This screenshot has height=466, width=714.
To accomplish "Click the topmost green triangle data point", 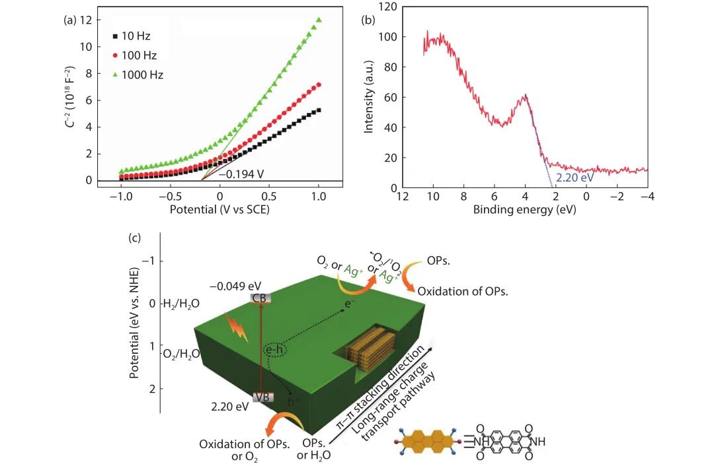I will click(319, 20).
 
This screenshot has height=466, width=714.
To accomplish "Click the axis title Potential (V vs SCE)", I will click(219, 210).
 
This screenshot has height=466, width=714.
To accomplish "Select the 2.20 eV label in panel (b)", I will click(570, 179).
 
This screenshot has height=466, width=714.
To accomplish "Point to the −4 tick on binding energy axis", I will click(646, 197).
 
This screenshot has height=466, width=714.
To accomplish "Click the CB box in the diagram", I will click(259, 298).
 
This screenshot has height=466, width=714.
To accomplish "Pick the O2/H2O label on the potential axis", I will click(181, 354).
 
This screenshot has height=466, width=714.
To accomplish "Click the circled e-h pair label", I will click(274, 350).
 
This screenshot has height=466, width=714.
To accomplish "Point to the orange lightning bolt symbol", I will click(237, 327).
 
